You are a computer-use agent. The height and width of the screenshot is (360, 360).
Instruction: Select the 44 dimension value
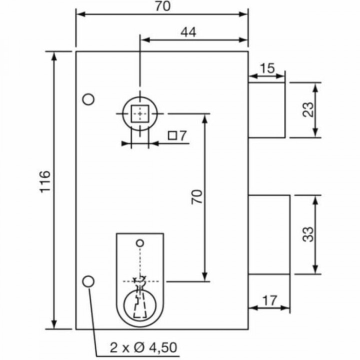[x=187, y=32]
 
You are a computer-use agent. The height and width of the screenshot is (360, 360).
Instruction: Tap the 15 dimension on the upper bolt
[x=267, y=67]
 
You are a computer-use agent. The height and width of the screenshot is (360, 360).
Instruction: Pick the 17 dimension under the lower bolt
[x=269, y=300]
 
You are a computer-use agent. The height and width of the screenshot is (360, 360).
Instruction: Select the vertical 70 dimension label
[x=197, y=196]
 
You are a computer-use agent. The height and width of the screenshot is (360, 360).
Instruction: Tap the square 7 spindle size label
[x=177, y=135]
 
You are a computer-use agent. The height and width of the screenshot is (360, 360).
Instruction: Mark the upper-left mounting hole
[x=88, y=99]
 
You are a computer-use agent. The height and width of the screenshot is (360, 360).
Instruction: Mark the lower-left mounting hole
[x=88, y=281]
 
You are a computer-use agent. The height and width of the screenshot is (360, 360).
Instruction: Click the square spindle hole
[x=139, y=114]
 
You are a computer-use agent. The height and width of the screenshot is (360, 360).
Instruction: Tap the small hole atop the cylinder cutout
[x=140, y=243]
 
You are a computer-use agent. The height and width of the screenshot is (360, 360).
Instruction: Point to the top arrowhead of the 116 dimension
[x=54, y=55]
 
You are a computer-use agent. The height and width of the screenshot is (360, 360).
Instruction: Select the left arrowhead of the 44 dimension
[x=144, y=39]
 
